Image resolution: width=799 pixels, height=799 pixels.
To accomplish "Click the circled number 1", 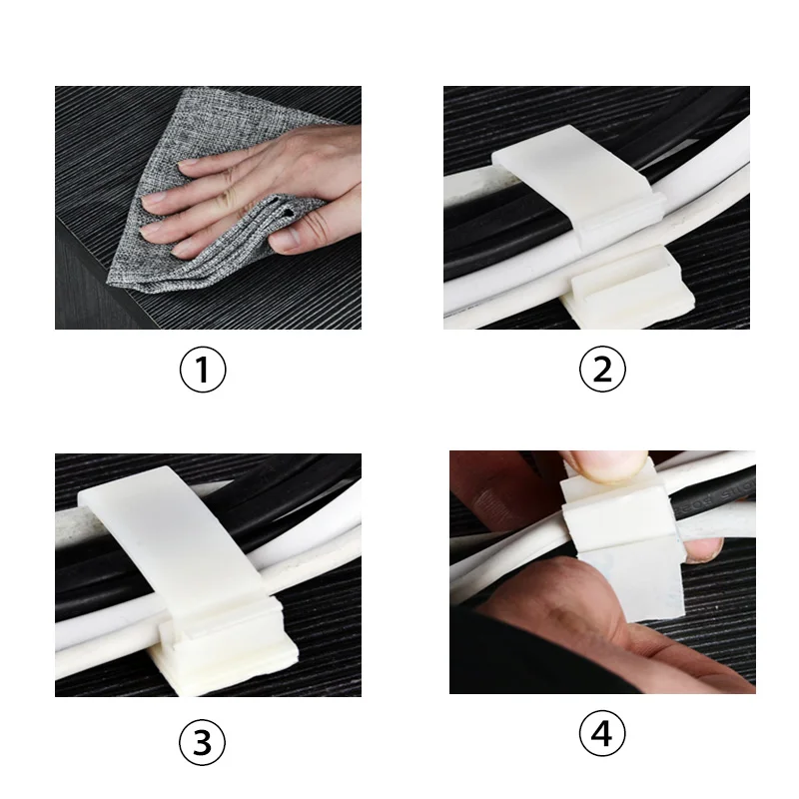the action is point(203,370).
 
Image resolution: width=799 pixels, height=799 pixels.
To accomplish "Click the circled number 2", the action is point(602,369).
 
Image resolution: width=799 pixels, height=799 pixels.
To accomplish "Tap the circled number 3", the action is point(202,742).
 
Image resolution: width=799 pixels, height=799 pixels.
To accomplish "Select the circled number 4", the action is point(602,734).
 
